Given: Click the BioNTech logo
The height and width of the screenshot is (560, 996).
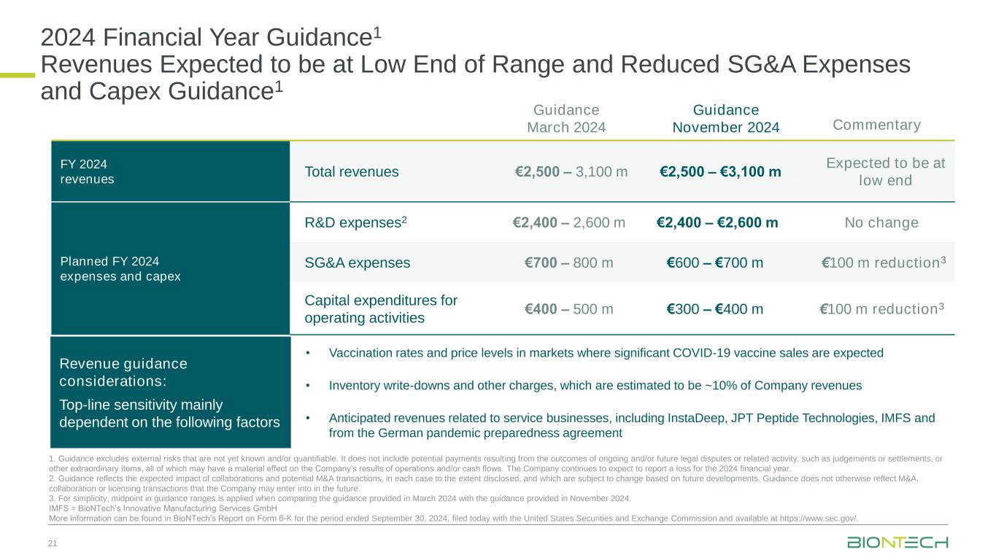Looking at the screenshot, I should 897,542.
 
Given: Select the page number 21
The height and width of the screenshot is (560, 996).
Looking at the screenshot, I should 53,543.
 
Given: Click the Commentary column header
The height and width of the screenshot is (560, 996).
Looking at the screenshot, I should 876,125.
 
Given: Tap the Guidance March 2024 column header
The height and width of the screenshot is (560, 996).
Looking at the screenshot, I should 566,118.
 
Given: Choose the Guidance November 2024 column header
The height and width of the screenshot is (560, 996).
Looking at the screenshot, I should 725,118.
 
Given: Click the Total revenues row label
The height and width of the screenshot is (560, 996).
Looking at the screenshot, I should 352,172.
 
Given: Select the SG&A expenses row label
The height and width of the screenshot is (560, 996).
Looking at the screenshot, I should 358,262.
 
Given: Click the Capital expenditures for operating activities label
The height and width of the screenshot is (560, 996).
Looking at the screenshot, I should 381,308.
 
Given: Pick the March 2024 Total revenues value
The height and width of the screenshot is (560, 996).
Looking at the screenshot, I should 571,172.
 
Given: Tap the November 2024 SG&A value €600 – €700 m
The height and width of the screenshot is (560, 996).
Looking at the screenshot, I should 715,262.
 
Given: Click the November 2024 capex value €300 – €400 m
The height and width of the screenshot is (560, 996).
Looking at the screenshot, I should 715,308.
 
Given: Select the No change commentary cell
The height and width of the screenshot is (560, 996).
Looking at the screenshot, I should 881,222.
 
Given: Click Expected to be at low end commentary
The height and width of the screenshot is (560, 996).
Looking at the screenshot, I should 885,172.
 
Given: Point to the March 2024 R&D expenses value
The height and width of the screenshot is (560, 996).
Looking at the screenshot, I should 568,222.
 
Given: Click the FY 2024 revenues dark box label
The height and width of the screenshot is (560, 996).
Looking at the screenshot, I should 87,171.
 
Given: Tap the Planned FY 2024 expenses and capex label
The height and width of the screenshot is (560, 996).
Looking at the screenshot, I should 120,269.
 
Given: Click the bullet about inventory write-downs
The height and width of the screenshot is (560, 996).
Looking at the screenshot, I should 595,385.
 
